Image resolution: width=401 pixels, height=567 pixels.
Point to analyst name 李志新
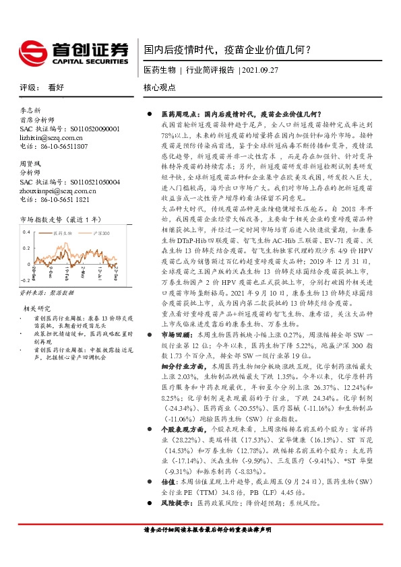(30, 110)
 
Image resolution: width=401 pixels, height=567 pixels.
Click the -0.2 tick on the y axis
(25, 279)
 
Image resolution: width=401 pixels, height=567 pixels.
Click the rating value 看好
(56, 88)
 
